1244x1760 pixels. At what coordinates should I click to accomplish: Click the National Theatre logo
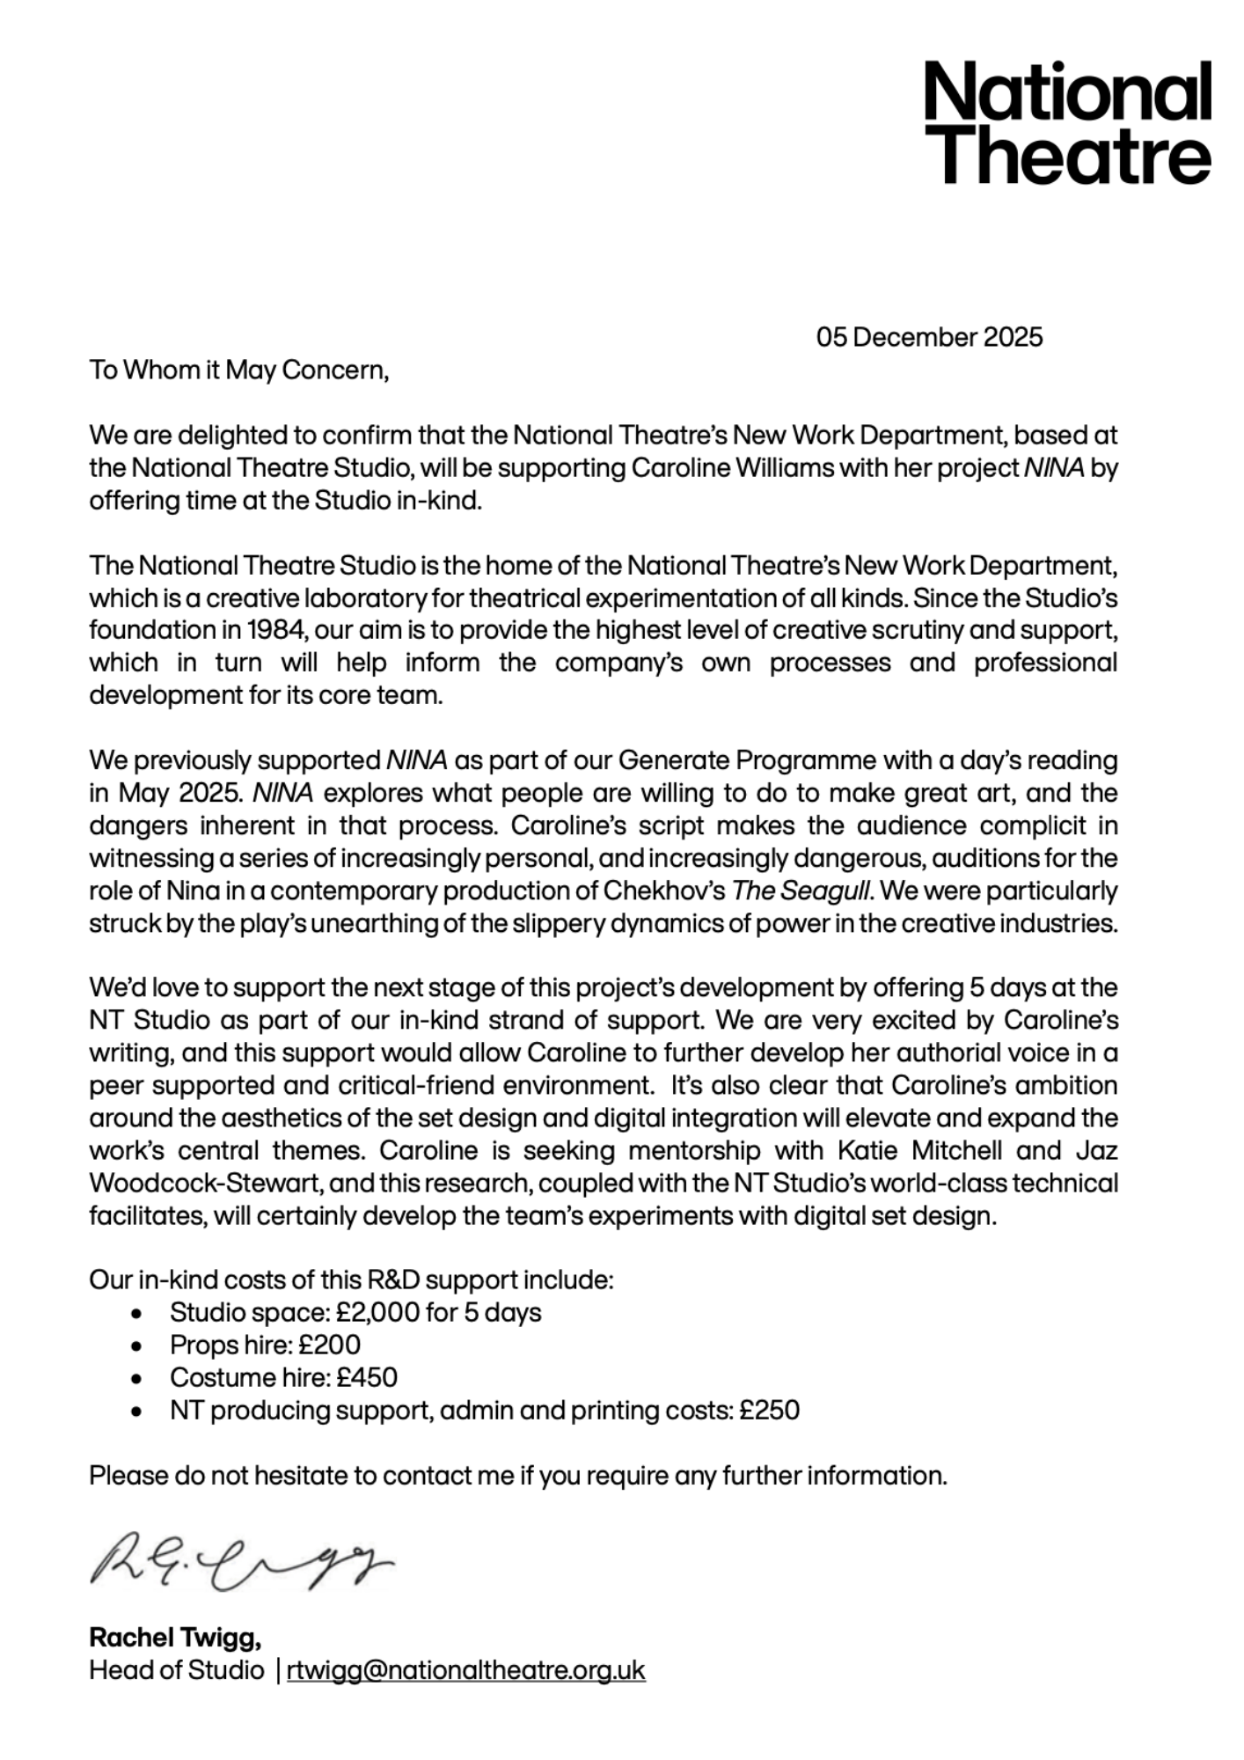[1067, 122]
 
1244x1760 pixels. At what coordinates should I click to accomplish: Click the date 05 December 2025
[929, 337]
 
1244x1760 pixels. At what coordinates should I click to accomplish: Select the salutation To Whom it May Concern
[238, 370]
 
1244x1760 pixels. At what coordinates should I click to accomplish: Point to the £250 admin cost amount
[769, 1410]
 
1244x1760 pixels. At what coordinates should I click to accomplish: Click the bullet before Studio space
[135, 1313]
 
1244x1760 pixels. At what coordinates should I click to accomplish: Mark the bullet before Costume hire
[135, 1378]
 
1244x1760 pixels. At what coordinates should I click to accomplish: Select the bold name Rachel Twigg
[175, 1638]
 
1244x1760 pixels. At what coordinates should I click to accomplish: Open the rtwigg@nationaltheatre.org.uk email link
[465, 1670]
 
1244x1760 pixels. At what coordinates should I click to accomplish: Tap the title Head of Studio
[176, 1670]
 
